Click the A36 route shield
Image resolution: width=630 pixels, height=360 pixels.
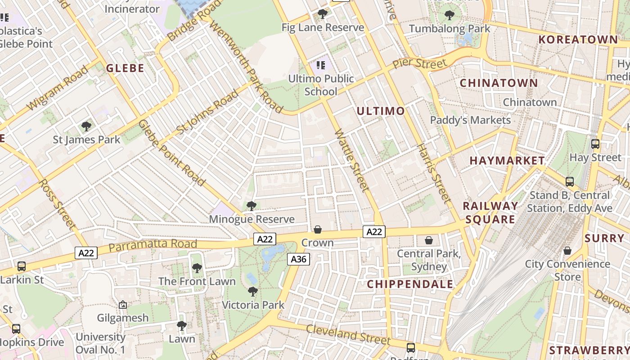(299, 259)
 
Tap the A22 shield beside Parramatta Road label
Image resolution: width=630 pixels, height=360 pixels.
(86, 253)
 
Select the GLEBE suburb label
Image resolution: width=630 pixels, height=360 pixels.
(125, 68)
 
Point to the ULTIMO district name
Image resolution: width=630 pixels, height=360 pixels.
(381, 111)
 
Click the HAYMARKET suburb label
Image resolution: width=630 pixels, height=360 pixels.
(507, 161)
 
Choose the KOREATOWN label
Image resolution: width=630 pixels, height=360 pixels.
(578, 40)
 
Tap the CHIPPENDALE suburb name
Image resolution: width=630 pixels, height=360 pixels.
(410, 284)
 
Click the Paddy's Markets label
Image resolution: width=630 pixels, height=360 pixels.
(470, 120)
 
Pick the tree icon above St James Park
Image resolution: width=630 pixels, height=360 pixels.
(86, 126)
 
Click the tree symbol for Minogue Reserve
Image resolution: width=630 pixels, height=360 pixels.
(252, 206)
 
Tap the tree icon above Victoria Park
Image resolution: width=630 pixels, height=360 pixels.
(253, 292)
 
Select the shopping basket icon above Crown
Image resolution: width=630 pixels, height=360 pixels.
(318, 230)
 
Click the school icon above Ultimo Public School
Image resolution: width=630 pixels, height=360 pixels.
(320, 66)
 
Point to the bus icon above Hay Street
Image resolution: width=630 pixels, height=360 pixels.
(595, 144)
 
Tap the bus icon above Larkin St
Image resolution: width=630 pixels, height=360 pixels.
(21, 266)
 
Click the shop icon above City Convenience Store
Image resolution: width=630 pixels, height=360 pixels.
(567, 251)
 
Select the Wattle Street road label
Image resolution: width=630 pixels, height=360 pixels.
(352, 161)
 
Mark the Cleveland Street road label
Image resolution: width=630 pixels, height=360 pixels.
(348, 334)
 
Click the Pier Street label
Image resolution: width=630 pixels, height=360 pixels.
(419, 63)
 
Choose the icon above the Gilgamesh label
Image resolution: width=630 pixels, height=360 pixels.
(123, 305)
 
